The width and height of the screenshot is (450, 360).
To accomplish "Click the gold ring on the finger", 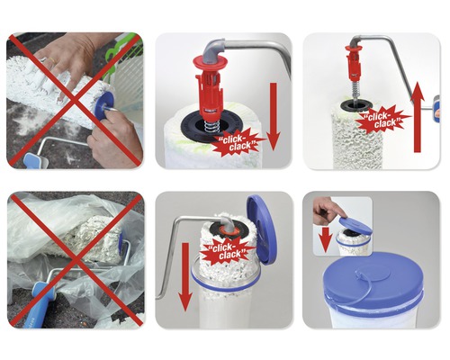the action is pos(51,60).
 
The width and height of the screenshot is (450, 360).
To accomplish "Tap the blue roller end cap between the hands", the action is pos(104,104).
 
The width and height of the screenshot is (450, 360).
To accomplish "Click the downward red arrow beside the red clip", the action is pos(273,117).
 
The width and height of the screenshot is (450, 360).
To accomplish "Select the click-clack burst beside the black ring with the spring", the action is pos(239,143).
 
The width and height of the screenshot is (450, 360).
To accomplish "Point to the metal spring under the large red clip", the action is pos(211,125).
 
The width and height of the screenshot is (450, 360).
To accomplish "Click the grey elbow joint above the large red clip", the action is pos(213,50).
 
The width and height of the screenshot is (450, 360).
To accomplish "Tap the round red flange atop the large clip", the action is pos(212,62).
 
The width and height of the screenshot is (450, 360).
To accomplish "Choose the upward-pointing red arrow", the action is pos(417,118).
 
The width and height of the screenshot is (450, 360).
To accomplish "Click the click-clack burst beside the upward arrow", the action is pos(382,119).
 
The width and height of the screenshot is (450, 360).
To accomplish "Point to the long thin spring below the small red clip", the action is pos(354,89).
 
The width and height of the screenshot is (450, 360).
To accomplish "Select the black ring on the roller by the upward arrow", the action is pos(356,105).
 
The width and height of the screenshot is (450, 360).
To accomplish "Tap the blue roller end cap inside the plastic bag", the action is pos(121,244).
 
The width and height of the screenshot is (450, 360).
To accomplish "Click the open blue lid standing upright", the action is pos(261,230).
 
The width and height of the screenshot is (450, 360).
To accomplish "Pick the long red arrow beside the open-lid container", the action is pos(185,276).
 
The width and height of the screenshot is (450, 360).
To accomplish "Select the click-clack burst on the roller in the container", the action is pos(227,252).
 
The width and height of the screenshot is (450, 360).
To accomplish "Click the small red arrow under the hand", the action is pos(325,236).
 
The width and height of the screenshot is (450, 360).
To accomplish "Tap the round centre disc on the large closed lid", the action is pos(374,274).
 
